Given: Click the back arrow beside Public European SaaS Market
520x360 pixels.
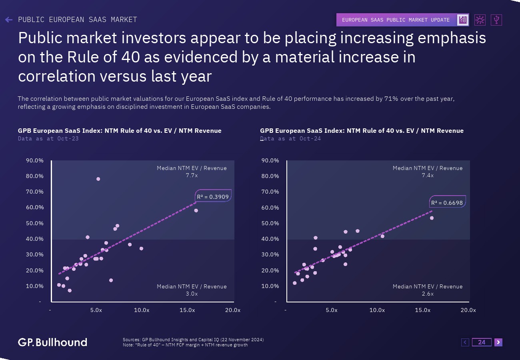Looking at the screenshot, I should click(9, 20).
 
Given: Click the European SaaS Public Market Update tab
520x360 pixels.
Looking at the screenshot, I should click(396, 20).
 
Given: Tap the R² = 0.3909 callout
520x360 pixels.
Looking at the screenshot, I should click(213, 196).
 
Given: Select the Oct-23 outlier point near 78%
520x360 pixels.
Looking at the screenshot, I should click(98, 179).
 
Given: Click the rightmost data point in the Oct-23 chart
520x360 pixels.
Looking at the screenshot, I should click(196, 210).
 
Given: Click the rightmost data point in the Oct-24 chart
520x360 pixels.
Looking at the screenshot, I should click(432, 218).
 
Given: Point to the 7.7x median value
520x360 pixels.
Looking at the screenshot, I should click(192, 175).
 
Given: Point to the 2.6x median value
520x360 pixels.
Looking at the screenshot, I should click(428, 294).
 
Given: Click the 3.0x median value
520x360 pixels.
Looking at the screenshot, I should click(192, 294).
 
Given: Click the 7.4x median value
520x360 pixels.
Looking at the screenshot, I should click(428, 175).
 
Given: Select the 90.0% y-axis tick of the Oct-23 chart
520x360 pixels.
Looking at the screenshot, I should click(34, 160).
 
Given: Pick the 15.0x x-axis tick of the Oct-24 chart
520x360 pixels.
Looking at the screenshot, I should click(422, 310).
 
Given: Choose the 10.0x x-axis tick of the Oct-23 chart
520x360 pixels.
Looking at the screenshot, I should click(142, 310).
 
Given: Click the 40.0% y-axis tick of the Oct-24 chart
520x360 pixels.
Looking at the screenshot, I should click(270, 239).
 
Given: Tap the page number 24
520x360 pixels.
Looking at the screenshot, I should click(482, 342).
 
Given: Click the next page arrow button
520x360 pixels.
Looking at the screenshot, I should click(498, 342).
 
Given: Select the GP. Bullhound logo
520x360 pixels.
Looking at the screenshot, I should click(52, 342).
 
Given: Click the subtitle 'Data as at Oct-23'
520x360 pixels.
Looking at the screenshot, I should click(48, 138).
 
